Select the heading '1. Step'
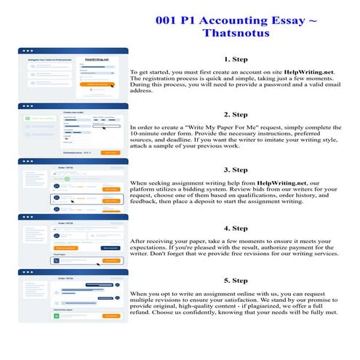coord(236,60)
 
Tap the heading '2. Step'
coord(236,114)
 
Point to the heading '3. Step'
coord(236,169)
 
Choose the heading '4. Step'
coord(236,224)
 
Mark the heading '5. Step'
coord(236,279)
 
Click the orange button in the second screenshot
coord(110,153)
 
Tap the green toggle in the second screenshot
coord(36,117)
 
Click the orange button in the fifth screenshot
coord(111,316)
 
